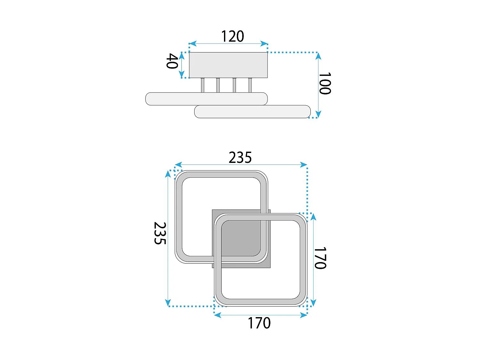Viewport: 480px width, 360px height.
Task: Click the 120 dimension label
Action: [x=232, y=36]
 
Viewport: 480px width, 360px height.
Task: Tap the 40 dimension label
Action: [x=172, y=61]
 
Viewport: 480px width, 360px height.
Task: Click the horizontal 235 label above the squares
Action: [x=240, y=157]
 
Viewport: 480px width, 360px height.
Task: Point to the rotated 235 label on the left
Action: [x=160, y=233]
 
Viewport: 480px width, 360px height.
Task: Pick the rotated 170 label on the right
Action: [x=320, y=258]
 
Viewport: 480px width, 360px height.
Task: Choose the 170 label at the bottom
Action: [x=259, y=323]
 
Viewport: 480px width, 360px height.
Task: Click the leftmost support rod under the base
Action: [x=203, y=85]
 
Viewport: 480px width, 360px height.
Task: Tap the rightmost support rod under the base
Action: [x=250, y=85]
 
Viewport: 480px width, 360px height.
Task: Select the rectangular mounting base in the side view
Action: [x=228, y=65]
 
